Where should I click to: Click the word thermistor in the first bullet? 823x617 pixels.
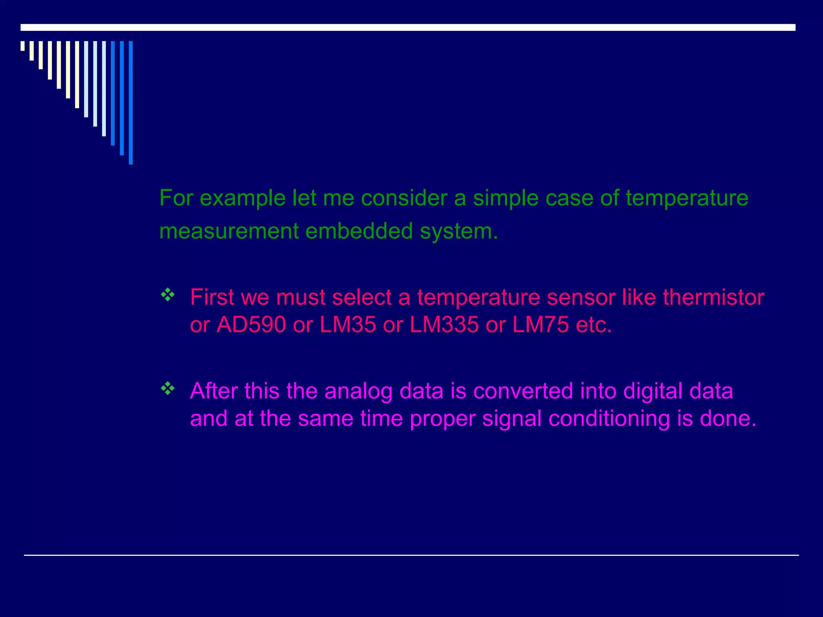(x=713, y=298)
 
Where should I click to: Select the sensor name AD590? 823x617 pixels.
(x=251, y=325)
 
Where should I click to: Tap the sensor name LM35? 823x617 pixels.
(x=348, y=325)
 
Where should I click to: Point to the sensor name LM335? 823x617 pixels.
(x=444, y=325)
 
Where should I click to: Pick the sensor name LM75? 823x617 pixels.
(x=540, y=325)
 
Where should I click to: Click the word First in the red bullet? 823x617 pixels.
(x=212, y=298)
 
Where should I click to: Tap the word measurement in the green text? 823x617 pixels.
(x=229, y=231)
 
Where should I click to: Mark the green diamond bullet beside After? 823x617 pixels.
(x=168, y=388)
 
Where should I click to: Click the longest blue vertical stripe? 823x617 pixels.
(x=131, y=102)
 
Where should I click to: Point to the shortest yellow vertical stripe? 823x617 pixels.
(x=23, y=46)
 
